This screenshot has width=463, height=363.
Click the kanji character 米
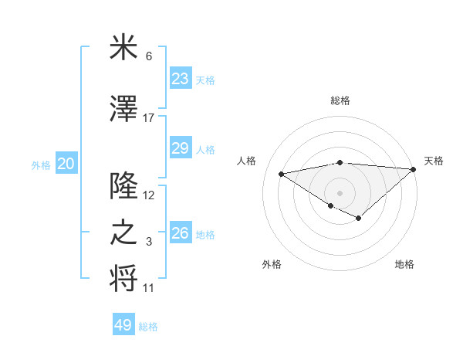tap(124, 48)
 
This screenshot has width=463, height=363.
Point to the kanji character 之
tap(124, 233)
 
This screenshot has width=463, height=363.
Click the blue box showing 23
tap(180, 78)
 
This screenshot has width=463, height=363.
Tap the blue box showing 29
tap(180, 148)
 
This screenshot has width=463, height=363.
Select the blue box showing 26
tap(180, 233)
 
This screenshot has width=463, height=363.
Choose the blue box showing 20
tap(66, 164)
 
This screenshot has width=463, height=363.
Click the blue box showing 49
tap(123, 325)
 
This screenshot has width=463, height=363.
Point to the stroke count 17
tap(149, 118)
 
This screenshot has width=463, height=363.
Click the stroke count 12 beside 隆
tap(149, 195)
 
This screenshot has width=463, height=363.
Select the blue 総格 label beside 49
tap(148, 327)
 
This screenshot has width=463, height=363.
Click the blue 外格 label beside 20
tap(41, 165)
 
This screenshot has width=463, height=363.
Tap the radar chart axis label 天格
tap(434, 161)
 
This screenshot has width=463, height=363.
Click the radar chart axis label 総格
tap(340, 100)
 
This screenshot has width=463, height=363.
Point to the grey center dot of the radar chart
tap(340, 192)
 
